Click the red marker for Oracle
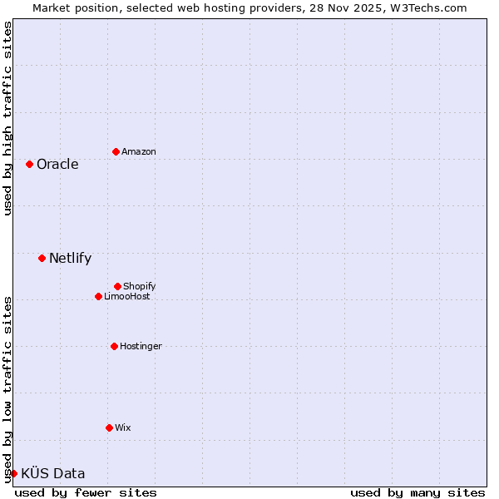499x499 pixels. (29, 164)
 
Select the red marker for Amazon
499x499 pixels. (116, 151)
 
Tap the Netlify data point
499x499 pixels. (42, 258)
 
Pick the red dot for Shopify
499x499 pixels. (117, 286)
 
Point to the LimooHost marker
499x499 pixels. (98, 296)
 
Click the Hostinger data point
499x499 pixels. (114, 346)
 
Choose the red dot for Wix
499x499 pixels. (109, 427)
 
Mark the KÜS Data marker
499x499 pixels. (13, 473)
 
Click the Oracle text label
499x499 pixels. (57, 164)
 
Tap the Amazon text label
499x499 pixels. (139, 151)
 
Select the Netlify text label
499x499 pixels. (70, 258)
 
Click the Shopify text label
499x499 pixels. (140, 286)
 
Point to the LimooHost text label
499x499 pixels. (127, 296)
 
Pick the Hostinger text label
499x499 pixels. (141, 346)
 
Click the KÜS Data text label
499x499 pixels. (52, 473)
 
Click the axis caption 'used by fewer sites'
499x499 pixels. (86, 492)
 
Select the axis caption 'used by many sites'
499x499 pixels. (417, 492)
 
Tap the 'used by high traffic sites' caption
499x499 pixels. (7, 118)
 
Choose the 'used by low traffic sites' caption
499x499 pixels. (7, 388)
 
